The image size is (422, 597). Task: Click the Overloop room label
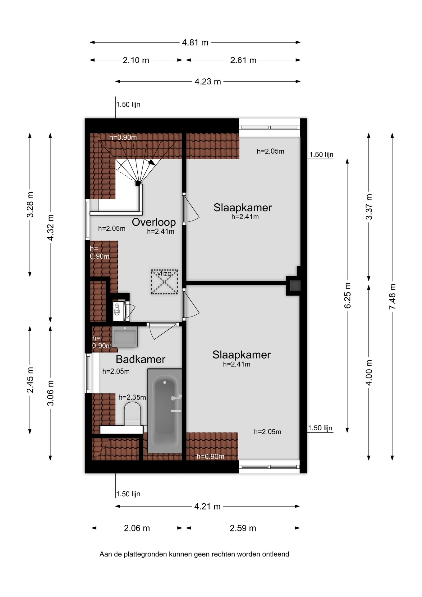pos(154,222)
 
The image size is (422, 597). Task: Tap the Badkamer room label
pos(140,359)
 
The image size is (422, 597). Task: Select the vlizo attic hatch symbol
pos(164,282)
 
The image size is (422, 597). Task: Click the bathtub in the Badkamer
pos(165,411)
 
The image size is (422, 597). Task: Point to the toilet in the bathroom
pos(132,414)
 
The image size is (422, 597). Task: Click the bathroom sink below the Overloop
pos(125,337)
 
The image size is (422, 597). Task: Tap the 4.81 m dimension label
pos(195,42)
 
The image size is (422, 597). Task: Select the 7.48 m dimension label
pos(392,297)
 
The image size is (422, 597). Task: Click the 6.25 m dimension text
pos(347,295)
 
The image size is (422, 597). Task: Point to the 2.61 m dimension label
pos(243,60)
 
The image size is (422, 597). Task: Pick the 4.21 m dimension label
pos(207,507)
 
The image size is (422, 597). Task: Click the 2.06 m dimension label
pos(137,528)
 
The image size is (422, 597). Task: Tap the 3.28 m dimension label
pos(30,205)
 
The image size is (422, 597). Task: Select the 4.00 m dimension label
pos(369,373)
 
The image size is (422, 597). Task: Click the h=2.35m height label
pos(132,397)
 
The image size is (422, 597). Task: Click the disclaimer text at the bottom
pos(194,554)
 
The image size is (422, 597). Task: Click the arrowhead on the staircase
pos(151,162)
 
